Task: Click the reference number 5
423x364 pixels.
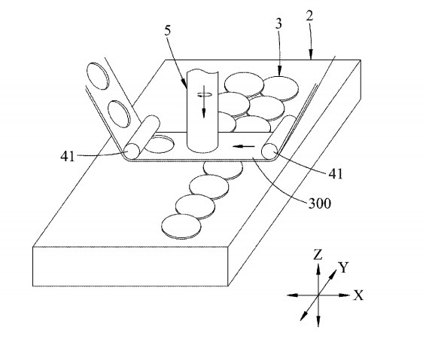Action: pos(168,30)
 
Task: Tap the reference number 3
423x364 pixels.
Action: pos(278,24)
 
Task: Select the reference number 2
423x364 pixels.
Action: pos(309,16)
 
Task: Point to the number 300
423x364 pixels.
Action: pos(319,203)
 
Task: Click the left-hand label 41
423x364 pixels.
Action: pos(68,156)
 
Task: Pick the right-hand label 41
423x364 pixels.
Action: pos(336,174)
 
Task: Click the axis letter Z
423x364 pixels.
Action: pos(318,255)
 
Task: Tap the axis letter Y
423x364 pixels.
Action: pos(344,268)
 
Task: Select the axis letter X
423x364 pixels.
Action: pos(358,295)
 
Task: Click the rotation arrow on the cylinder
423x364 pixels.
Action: pos(204,94)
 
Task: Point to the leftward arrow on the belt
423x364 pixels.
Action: pos(244,147)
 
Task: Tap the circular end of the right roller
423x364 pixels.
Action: pos(269,151)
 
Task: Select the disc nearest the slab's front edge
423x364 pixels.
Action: pos(181,227)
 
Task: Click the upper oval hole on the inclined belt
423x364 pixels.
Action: pos(97,76)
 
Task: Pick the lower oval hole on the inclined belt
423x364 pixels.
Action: pos(119,114)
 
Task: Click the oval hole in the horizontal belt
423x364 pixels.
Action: pos(159,144)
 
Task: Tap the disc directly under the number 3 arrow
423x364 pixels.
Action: pos(280,88)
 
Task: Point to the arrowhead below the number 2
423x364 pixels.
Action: pos(312,55)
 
